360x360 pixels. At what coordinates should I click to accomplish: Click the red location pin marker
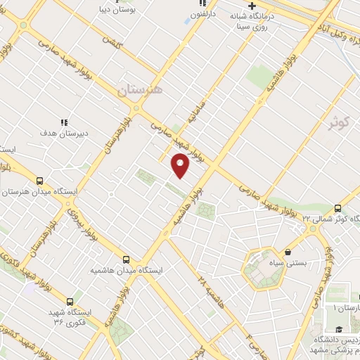point(181,165)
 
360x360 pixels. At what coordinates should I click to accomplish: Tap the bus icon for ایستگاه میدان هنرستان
point(39,181)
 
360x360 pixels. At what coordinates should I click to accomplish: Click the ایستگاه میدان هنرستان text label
point(43,191)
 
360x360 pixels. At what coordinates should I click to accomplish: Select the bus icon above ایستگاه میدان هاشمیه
point(126,259)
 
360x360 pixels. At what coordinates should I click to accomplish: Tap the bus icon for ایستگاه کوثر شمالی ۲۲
point(338,208)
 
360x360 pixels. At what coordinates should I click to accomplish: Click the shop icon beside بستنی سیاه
point(288,251)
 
